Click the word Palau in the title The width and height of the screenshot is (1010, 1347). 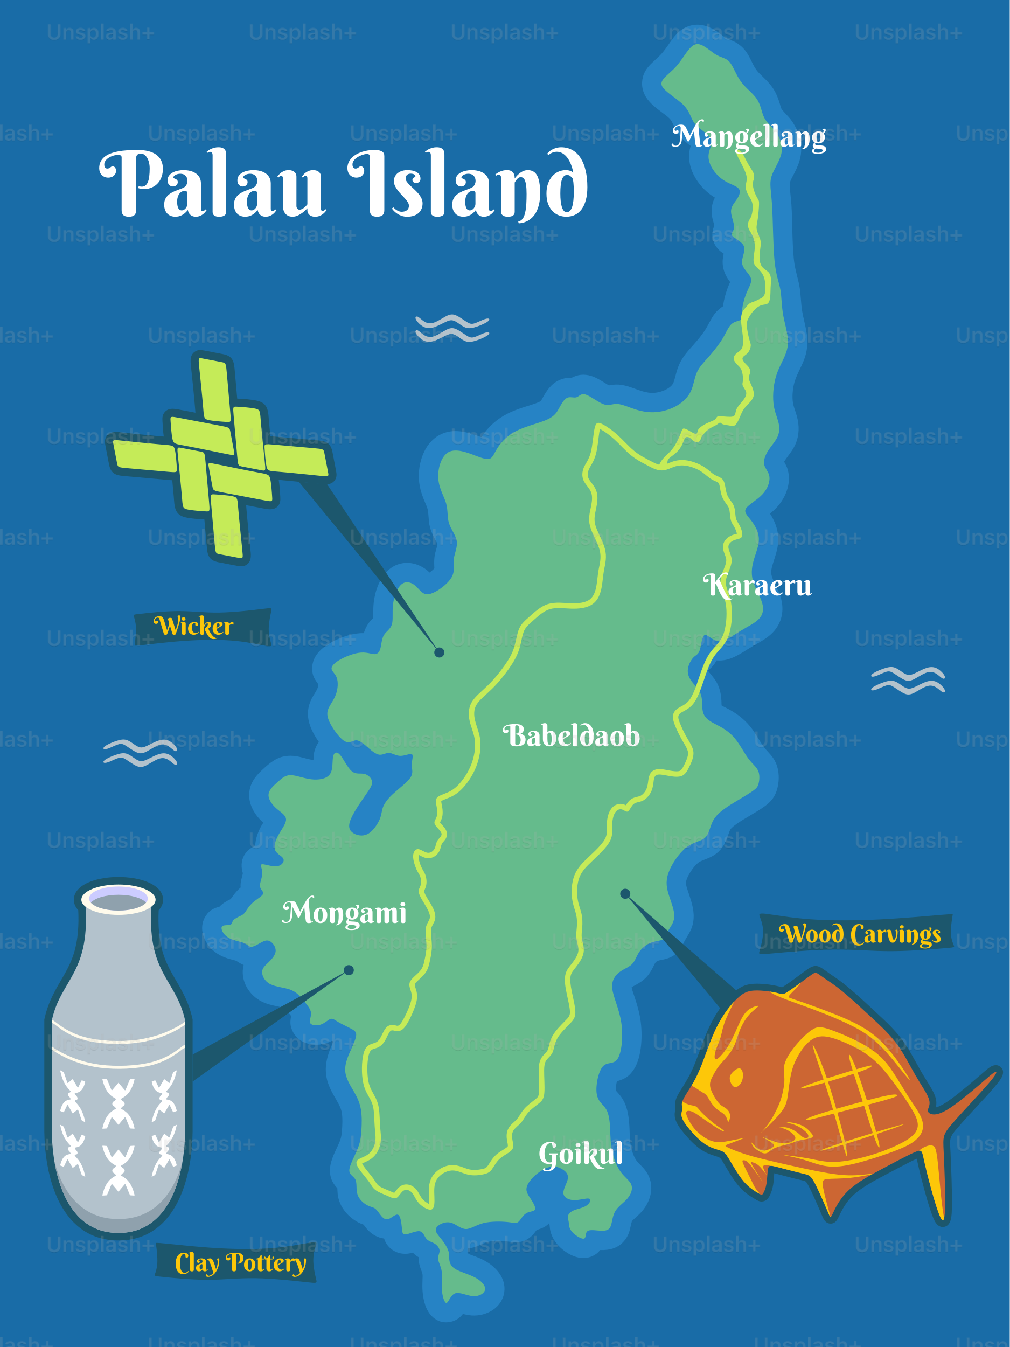point(213,184)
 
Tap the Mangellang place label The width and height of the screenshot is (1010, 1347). point(749,136)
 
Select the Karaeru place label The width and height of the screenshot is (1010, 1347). point(757,586)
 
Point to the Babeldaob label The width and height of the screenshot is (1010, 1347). point(571,735)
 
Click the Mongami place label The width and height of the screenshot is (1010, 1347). point(345,912)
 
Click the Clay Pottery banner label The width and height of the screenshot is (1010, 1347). point(240,1263)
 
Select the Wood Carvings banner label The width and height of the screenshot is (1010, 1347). point(860,934)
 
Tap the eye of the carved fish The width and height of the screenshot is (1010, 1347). point(736,1077)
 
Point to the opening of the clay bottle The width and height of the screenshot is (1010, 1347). point(119,899)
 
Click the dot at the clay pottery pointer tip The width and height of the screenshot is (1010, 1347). point(349,970)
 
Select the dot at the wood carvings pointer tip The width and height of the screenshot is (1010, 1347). point(625,894)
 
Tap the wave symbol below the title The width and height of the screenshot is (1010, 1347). point(452,328)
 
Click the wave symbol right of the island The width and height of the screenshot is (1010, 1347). point(908,679)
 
